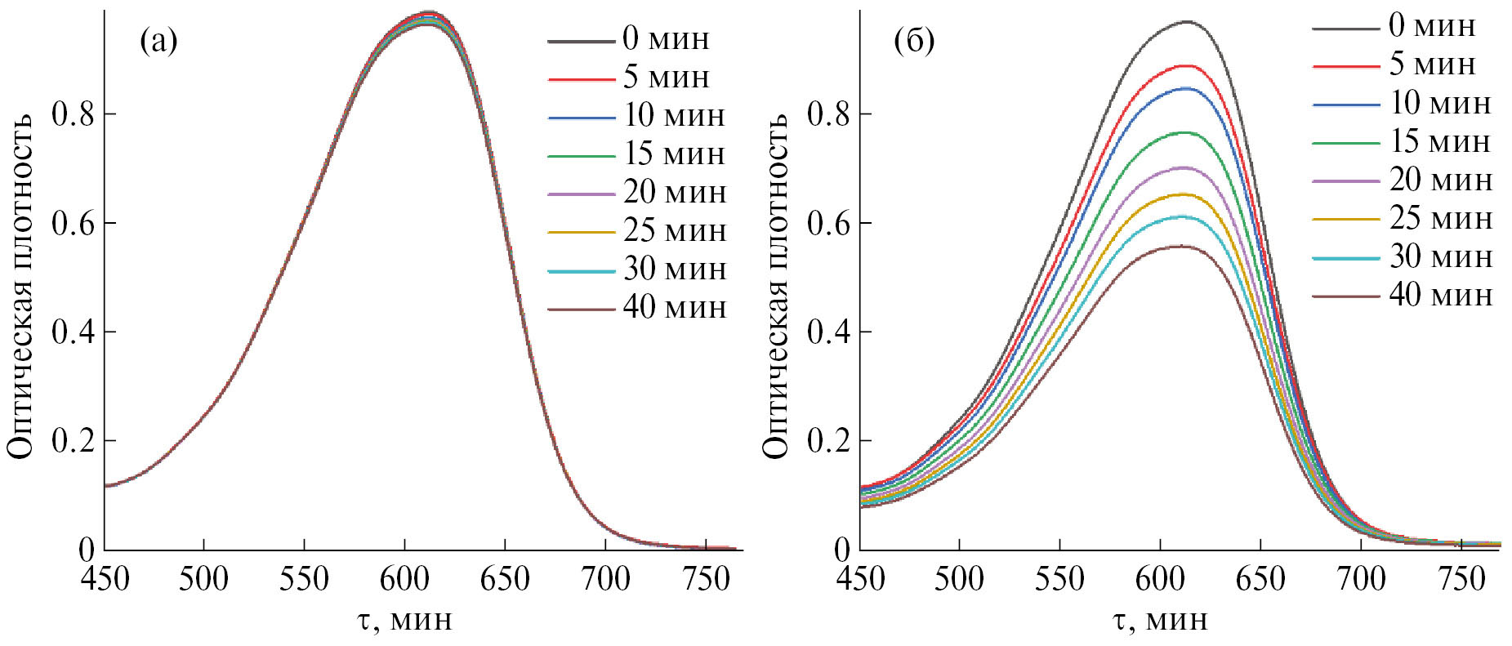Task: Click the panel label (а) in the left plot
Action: click(x=158, y=41)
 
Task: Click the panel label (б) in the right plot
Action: click(x=914, y=41)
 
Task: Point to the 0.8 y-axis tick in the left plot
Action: click(x=72, y=114)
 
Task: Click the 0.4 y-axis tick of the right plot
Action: click(x=828, y=332)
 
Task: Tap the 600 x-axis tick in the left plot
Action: click(x=404, y=579)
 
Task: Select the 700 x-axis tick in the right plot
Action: click(x=1361, y=579)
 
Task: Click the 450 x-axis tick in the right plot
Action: click(x=861, y=579)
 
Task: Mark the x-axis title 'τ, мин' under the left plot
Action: click(x=404, y=620)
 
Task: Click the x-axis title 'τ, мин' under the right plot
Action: click(x=1160, y=620)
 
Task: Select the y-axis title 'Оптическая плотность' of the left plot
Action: click(x=21, y=286)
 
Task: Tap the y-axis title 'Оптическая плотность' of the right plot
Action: click(x=777, y=286)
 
